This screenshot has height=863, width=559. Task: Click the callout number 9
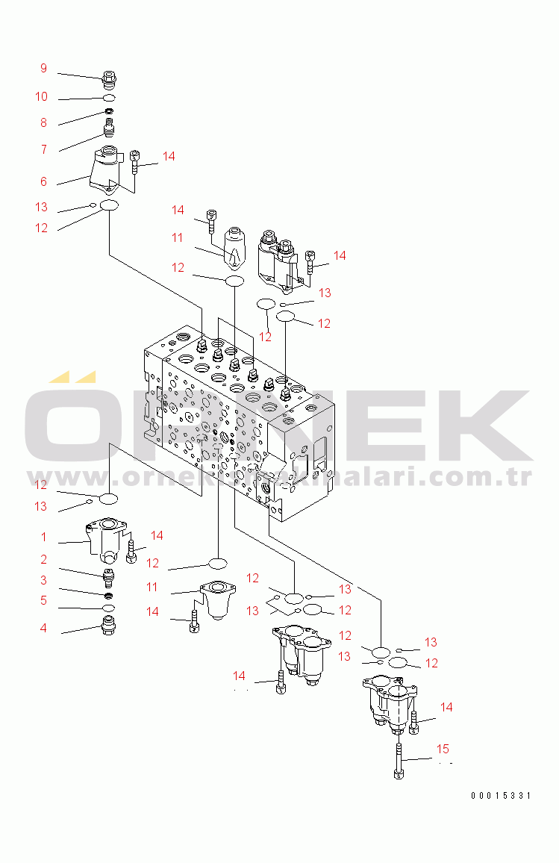pyautogui.click(x=43, y=69)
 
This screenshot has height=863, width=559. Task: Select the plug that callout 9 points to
pyautogui.click(x=109, y=78)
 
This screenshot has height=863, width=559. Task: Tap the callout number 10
pyautogui.click(x=41, y=97)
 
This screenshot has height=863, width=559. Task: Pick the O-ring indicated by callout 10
pyautogui.click(x=109, y=98)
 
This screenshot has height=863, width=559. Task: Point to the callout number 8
pyautogui.click(x=43, y=123)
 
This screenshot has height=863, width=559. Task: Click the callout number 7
pyautogui.click(x=43, y=149)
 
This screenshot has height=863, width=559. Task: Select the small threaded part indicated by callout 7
pyautogui.click(x=110, y=131)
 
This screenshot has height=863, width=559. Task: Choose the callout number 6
pyautogui.click(x=43, y=181)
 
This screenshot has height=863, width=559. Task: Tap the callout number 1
pyautogui.click(x=43, y=537)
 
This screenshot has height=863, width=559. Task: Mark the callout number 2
pyautogui.click(x=43, y=559)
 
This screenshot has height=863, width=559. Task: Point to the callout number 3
pyautogui.click(x=43, y=580)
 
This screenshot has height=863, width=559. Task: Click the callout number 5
pyautogui.click(x=43, y=600)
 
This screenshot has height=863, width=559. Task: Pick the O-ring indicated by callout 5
pyautogui.click(x=109, y=609)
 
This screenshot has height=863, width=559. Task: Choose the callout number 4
pyautogui.click(x=43, y=629)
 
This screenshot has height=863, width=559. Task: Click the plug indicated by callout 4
pyautogui.click(x=109, y=626)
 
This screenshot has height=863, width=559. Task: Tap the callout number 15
pyautogui.click(x=443, y=749)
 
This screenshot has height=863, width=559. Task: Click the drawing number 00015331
pyautogui.click(x=500, y=796)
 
